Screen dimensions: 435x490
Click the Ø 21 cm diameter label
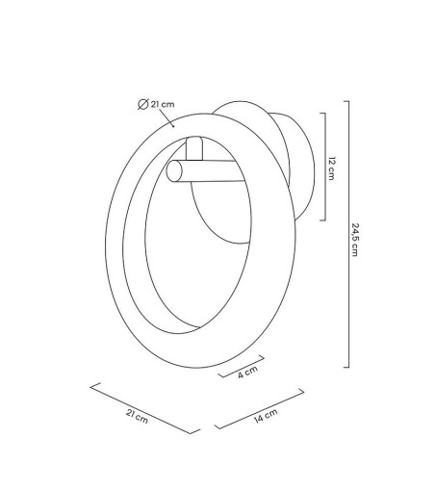click(156, 104)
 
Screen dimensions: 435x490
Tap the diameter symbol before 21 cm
click(142, 104)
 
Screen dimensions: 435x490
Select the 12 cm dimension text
click(331, 168)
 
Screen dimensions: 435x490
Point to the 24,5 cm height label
click(355, 240)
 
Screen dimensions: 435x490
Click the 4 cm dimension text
click(247, 373)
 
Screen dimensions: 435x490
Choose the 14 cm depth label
click(266, 416)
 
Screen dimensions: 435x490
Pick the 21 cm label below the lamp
click(137, 416)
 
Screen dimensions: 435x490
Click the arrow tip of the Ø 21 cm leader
click(174, 127)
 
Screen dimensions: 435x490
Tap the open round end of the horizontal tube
click(174, 171)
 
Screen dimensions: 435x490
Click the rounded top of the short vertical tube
click(194, 140)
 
